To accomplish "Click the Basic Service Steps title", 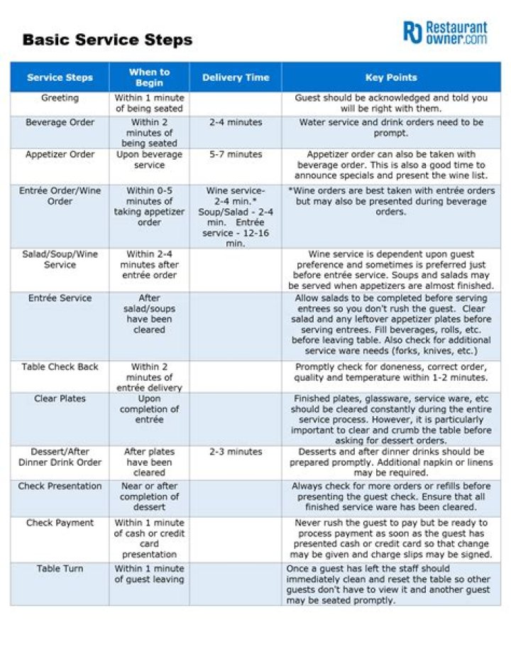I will click(107, 39).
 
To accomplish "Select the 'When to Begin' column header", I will click(149, 77).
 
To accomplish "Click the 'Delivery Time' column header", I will click(236, 77).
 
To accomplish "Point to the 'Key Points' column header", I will click(391, 77).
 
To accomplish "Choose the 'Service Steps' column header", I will click(60, 77).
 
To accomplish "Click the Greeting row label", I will click(60, 98).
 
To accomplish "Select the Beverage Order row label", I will click(60, 122).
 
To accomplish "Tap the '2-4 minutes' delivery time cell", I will click(236, 122).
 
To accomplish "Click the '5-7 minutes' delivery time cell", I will click(236, 154).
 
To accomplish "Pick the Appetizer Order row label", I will click(60, 154).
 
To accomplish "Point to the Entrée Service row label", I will click(60, 298).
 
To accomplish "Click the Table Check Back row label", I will click(60, 366).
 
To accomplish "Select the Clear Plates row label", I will click(60, 398).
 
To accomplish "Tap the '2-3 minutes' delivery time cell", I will click(236, 452).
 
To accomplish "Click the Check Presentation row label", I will click(60, 486).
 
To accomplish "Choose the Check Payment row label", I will click(60, 523).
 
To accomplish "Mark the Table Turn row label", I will click(60, 568).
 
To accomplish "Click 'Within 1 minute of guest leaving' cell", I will click(149, 574).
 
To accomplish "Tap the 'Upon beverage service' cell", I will click(149, 160).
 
